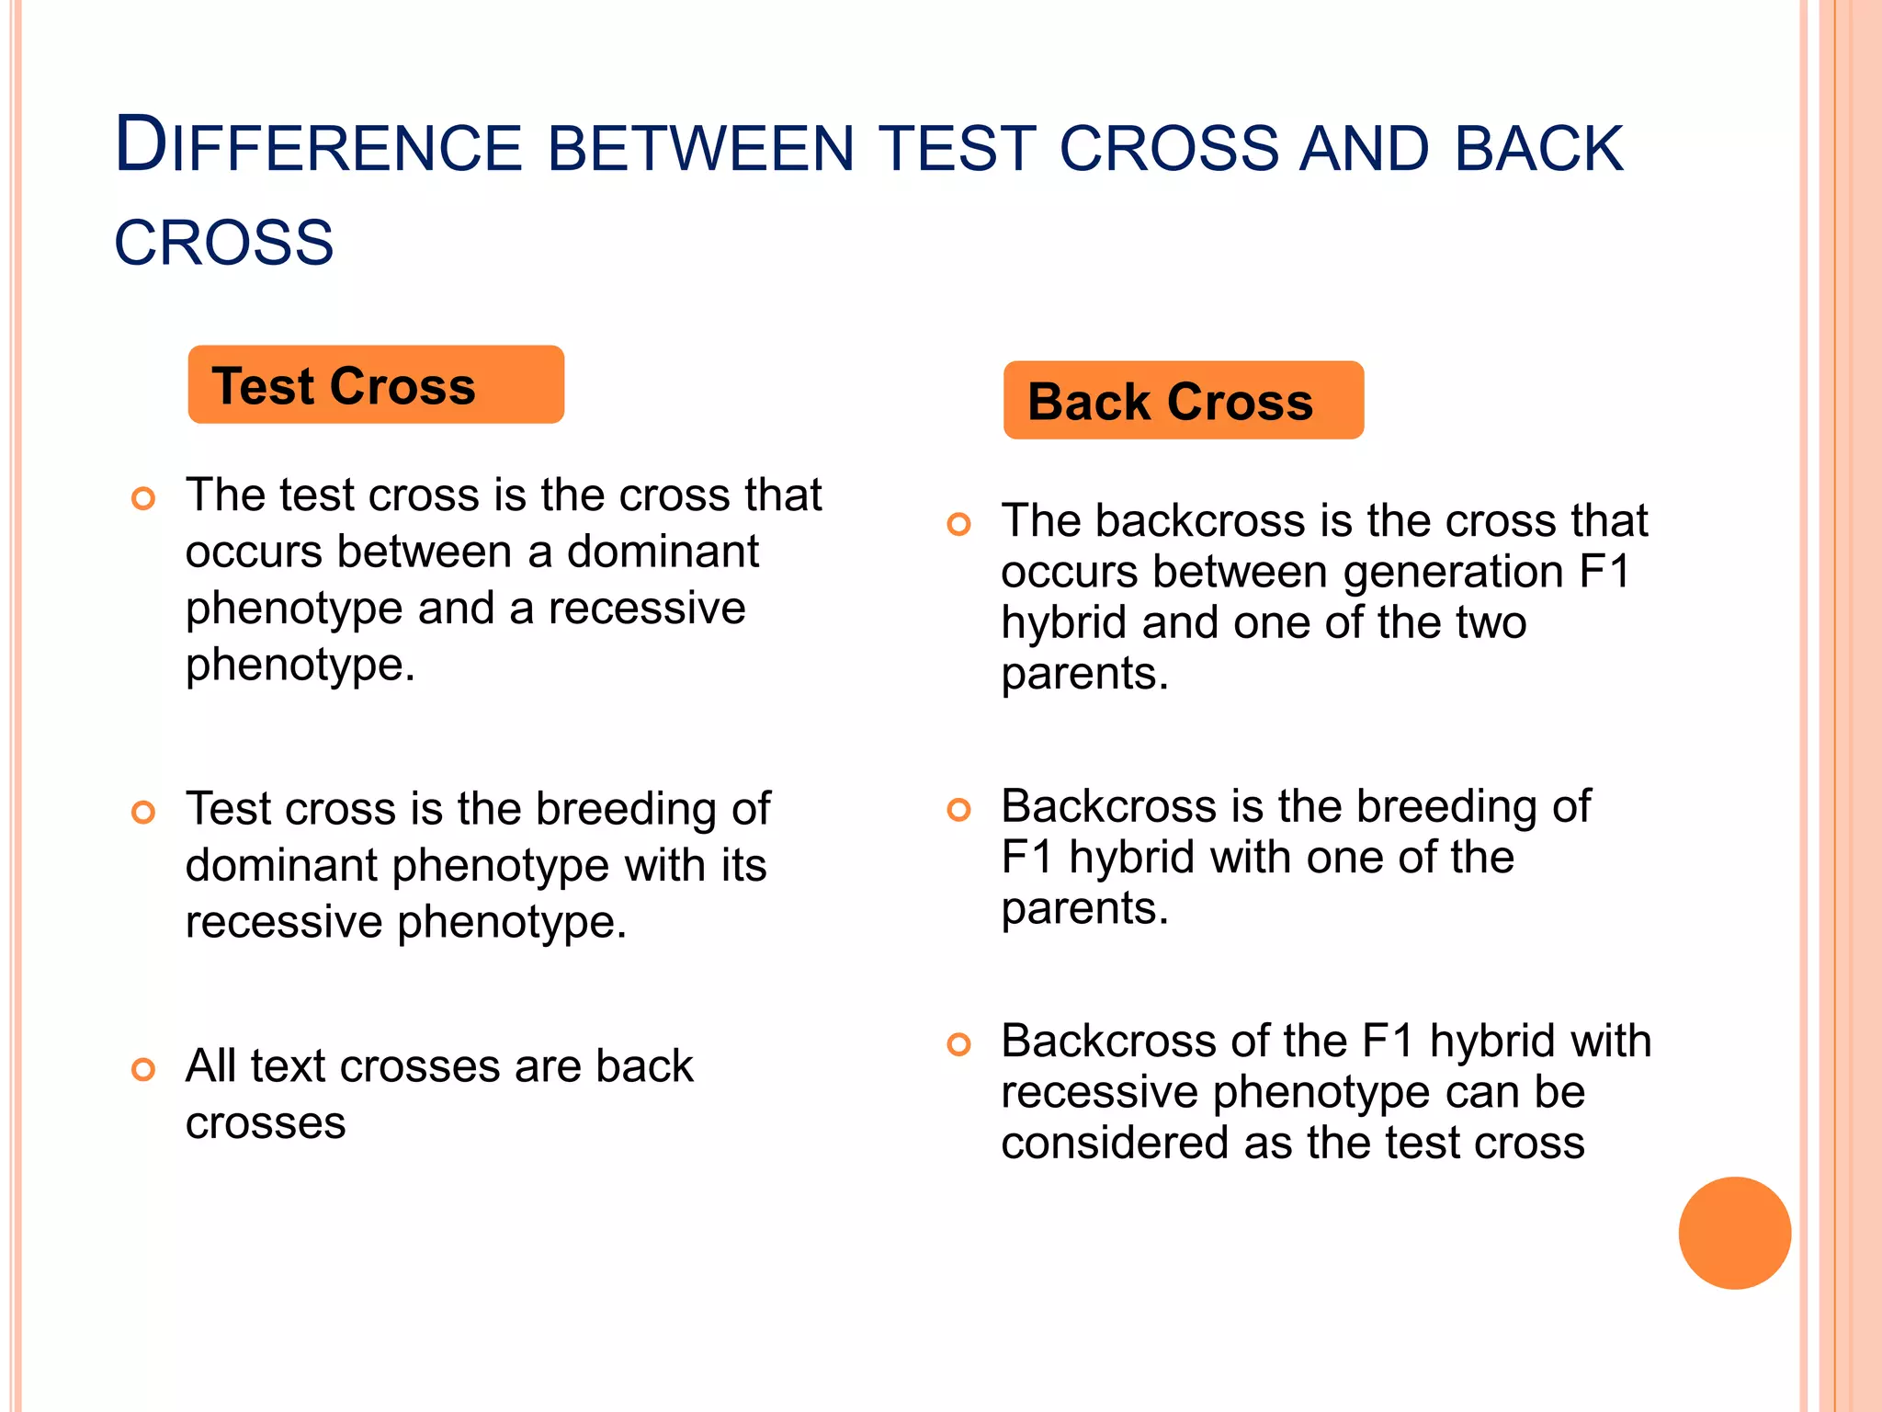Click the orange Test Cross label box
(x=375, y=384)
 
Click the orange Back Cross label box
(x=1183, y=401)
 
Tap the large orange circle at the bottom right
(x=1734, y=1233)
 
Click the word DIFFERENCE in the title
(x=318, y=147)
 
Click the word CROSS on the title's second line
(x=223, y=244)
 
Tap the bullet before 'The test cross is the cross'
(x=143, y=499)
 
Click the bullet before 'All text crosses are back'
(x=143, y=1069)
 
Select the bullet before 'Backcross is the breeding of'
(x=958, y=810)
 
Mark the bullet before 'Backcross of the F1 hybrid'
(x=958, y=1044)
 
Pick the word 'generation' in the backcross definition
(x=1454, y=573)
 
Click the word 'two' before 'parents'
(x=1491, y=623)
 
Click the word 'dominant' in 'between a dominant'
(x=662, y=552)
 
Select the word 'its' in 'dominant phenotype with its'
(x=743, y=866)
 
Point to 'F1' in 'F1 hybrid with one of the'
(x=1026, y=858)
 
